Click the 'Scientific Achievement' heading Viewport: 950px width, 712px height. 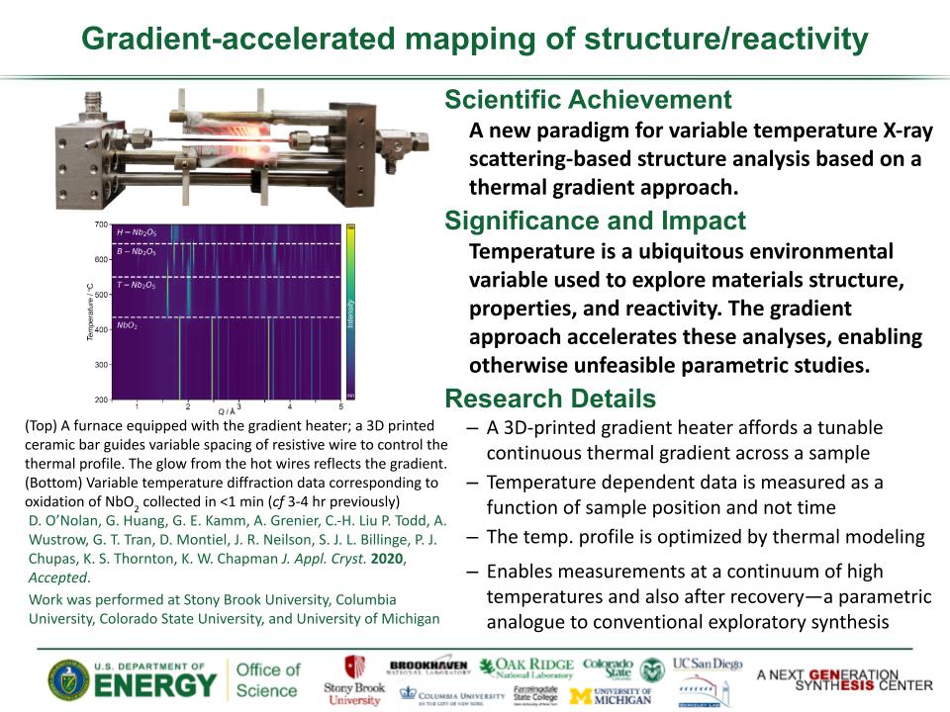coord(588,100)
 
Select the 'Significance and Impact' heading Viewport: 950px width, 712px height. coord(595,221)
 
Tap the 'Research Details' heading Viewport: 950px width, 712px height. coord(549,399)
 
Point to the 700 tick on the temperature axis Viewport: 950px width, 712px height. coord(101,225)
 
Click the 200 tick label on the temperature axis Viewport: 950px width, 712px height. coord(101,400)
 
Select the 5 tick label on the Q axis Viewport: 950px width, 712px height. coord(340,407)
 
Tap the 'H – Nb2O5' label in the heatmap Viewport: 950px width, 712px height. coord(136,232)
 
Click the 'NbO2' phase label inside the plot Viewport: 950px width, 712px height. coord(127,324)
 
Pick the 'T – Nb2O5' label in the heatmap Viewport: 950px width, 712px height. coord(136,285)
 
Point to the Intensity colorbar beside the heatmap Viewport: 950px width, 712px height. coord(350,311)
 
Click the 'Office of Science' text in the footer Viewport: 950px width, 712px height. coord(268,680)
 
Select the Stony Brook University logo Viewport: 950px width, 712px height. coord(353,680)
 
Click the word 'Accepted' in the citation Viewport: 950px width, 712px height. coord(58,578)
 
